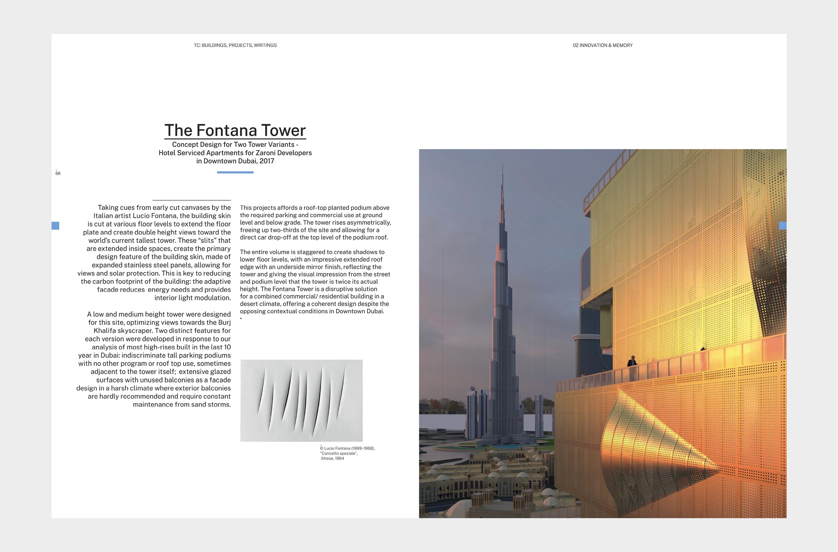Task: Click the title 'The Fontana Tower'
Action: (x=235, y=130)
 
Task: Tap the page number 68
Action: (x=58, y=173)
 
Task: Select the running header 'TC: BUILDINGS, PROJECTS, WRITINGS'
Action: (x=235, y=45)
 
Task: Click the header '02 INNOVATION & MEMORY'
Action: (x=602, y=45)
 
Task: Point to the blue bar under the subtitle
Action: (x=235, y=172)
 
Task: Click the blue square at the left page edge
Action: (x=55, y=226)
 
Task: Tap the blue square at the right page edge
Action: (x=782, y=226)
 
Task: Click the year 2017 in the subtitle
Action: (x=267, y=161)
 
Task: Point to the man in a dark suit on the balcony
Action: (x=632, y=362)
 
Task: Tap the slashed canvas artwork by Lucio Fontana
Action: (x=301, y=401)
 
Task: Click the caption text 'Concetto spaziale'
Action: (x=339, y=453)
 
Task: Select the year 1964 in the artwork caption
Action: (x=339, y=458)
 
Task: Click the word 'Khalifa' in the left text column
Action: (x=108, y=331)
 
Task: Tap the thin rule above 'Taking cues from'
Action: (x=192, y=200)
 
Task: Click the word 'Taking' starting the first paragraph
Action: (x=108, y=208)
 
